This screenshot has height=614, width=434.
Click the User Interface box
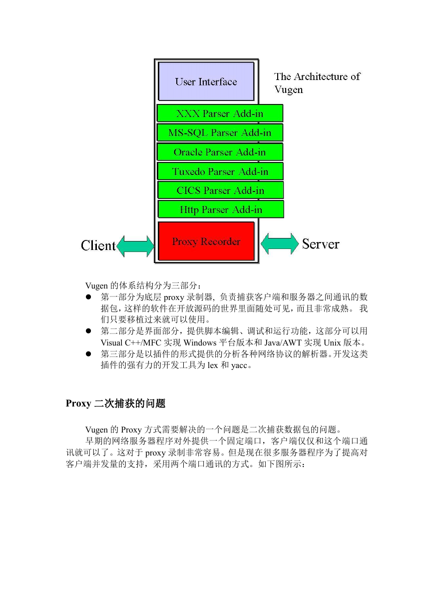coord(206,81)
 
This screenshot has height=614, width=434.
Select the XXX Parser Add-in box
coord(220,113)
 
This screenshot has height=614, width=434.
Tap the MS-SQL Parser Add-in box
coord(220,132)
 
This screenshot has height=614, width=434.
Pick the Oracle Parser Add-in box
coord(220,151)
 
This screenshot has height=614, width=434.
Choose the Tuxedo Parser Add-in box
coord(220,171)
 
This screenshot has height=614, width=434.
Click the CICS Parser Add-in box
coord(220,190)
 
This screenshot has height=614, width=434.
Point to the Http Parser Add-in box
coord(221,209)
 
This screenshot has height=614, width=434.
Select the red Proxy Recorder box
coord(206,241)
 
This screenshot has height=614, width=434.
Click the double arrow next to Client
coord(135,246)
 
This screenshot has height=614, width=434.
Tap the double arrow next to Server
coord(280,243)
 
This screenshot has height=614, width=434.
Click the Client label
coord(98,245)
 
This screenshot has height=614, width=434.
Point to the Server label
coord(321,243)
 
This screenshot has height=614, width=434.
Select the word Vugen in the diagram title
coord(289,90)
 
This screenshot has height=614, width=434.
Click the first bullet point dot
coord(88,297)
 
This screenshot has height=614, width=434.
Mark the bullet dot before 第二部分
coord(88,331)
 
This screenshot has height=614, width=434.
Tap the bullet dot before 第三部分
coord(88,353)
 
